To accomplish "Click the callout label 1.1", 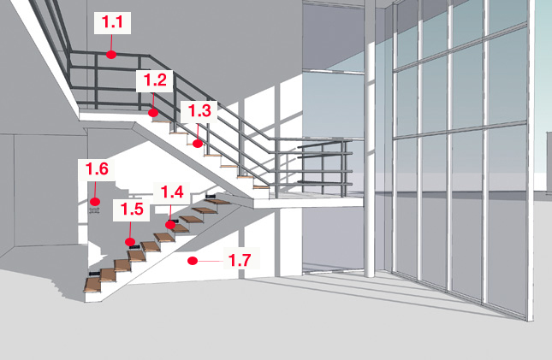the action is [112, 22].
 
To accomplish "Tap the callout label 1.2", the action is [155, 80].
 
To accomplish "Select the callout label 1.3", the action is [199, 111].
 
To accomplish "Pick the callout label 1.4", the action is [172, 193].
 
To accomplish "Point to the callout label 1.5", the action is [132, 210].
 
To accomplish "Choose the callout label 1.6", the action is [97, 169].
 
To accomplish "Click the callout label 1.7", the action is [241, 260].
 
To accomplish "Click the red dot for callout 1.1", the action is [111, 55].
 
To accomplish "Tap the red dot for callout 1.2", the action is [153, 113].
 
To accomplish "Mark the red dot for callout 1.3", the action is [198, 144].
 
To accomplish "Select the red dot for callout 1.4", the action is [170, 225].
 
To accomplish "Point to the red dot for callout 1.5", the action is [130, 242].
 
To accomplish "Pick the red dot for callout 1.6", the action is [95, 202].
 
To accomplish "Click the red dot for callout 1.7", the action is [193, 261].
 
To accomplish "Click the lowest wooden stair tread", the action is [92, 285].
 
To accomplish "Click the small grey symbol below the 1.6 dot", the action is [94, 211].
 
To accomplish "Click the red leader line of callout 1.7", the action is [211, 261].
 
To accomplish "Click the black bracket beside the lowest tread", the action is [94, 274].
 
